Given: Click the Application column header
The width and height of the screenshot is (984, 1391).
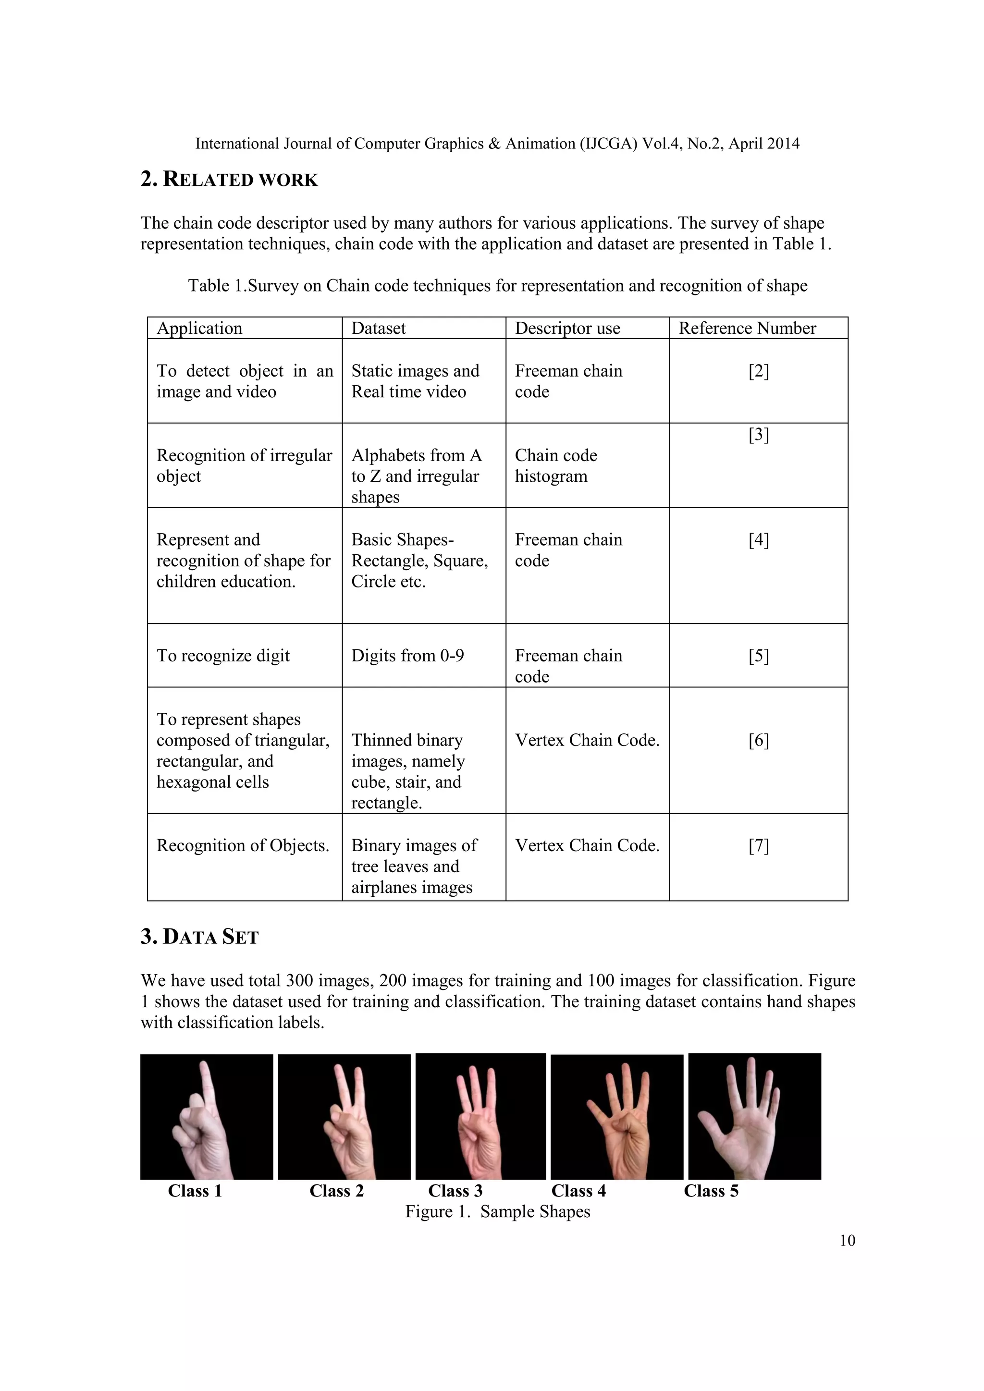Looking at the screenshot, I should click(199, 329).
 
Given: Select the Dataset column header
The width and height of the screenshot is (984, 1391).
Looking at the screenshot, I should click(378, 329).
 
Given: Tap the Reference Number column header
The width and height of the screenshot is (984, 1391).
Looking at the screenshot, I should click(747, 329).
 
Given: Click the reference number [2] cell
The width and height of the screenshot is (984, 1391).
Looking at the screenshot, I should click(759, 371).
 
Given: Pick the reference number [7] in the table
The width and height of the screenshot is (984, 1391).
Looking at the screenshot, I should click(759, 845).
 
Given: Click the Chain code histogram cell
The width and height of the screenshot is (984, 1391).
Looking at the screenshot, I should click(555, 465).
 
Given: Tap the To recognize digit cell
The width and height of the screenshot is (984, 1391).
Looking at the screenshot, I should click(223, 656).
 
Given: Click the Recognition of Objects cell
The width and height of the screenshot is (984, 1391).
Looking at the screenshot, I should click(242, 845).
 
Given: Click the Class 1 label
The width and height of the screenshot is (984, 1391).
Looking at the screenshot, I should click(195, 1191).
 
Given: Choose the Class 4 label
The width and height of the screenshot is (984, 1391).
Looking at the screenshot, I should click(578, 1191).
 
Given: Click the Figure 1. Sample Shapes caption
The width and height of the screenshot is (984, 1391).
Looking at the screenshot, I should click(497, 1212).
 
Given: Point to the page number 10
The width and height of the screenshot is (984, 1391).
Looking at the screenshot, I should click(847, 1241).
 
